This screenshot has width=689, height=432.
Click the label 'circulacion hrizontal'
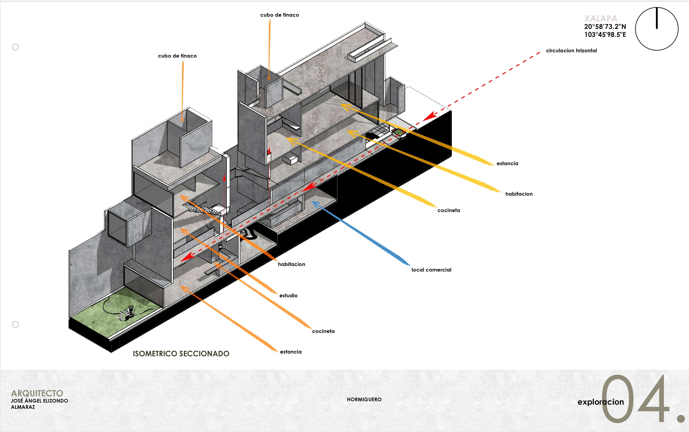pos(571,51)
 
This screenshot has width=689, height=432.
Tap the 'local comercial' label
pos(431,270)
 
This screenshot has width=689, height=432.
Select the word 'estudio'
pos(288,295)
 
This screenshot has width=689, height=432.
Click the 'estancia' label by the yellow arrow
pos(507,163)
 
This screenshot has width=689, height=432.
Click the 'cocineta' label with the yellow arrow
pos(449,210)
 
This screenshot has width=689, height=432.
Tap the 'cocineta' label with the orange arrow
pos(323,331)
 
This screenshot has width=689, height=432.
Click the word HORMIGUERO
pos(364,399)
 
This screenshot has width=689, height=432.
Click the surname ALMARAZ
pos(23,407)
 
